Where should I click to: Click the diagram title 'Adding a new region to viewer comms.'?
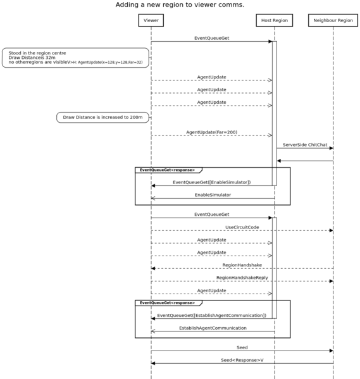tap(180, 5)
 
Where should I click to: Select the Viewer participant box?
tap(151, 21)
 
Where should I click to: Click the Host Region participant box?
tap(275, 21)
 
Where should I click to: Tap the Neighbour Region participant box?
tap(333, 21)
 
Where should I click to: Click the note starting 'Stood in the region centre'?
tap(75, 58)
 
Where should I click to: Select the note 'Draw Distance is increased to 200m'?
tap(102, 118)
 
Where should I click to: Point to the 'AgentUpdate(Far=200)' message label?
tap(211, 132)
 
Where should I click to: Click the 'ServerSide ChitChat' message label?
tap(304, 145)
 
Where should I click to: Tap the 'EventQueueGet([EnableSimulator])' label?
tap(211, 182)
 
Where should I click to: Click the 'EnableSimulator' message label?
tap(212, 195)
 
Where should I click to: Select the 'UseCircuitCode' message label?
tap(242, 227)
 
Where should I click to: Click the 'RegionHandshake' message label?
tap(242, 265)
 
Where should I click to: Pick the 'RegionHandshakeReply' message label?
tap(242, 278)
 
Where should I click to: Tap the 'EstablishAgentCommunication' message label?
tap(212, 328)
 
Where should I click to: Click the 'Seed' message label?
tap(242, 347)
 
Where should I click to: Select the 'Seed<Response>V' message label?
tap(242, 360)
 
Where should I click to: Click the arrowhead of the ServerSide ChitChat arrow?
tap(330, 148)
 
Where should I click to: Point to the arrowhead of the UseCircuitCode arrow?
tap(330, 230)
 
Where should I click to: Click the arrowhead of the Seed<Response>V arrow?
tap(154, 363)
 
